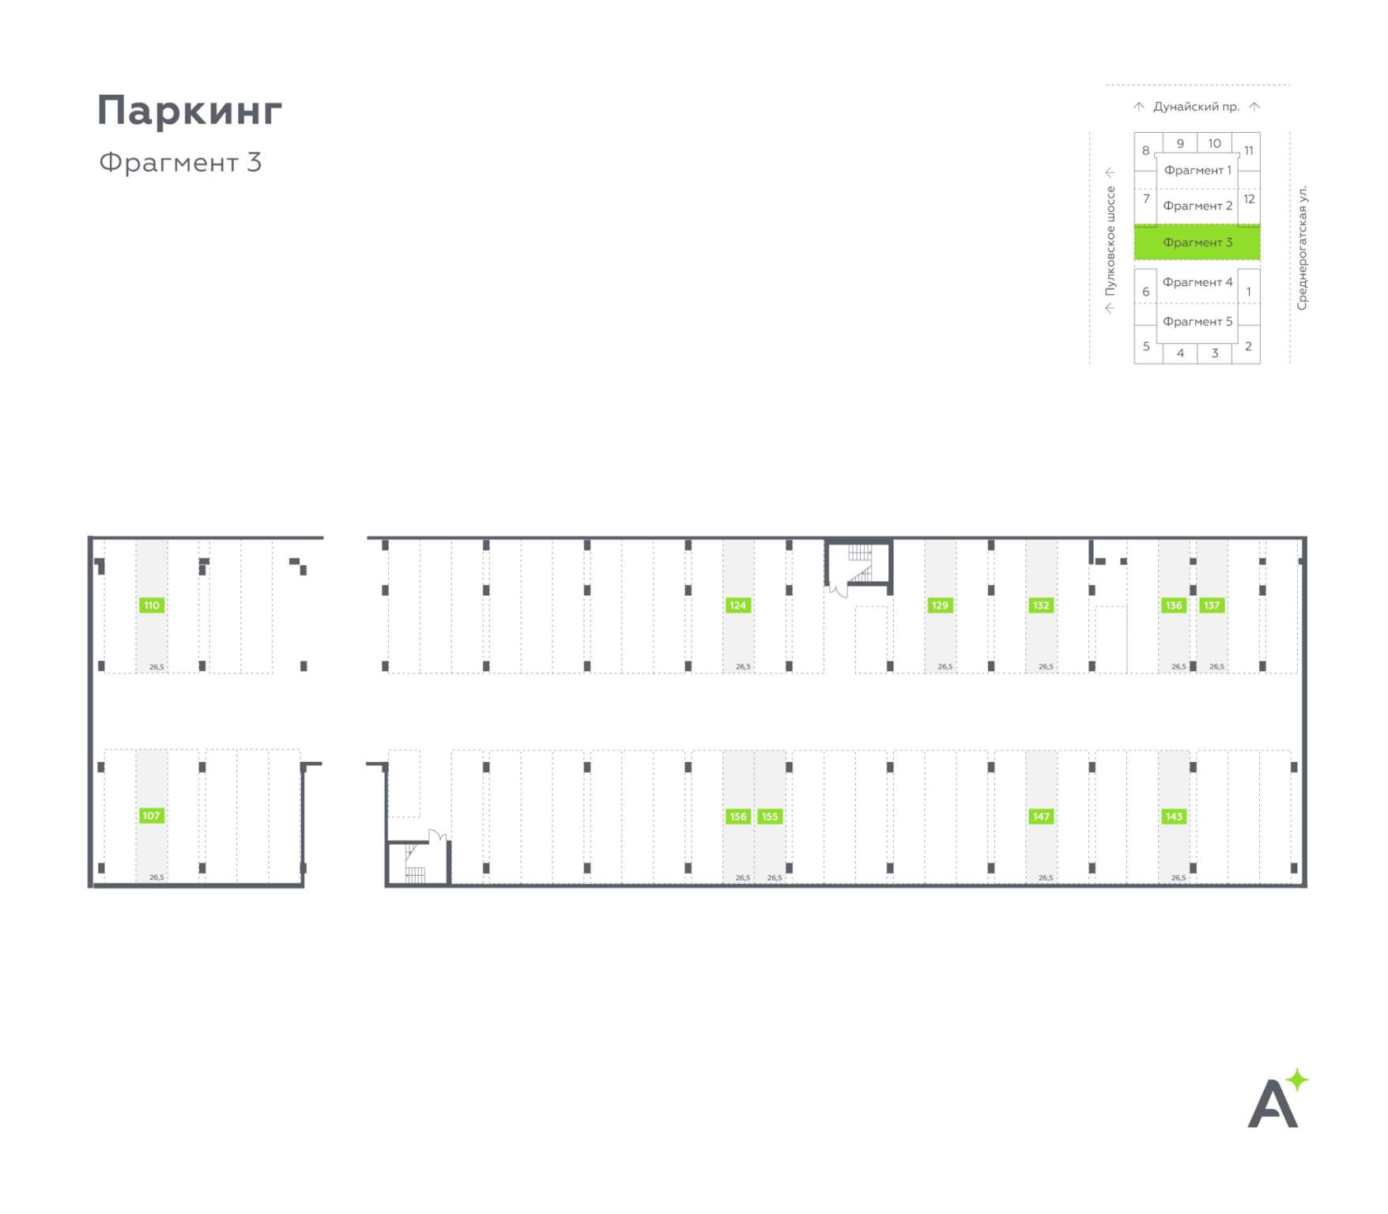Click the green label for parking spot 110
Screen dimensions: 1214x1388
pos(151,605)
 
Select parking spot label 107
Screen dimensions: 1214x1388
pos(151,816)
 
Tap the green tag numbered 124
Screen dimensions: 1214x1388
pos(737,605)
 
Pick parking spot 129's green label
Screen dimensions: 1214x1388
pos(940,605)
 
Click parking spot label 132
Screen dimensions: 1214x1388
pos(1041,605)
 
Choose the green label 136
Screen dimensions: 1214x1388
pos(1174,605)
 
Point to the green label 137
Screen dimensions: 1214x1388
pos(1212,605)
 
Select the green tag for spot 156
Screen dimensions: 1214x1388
pos(738,816)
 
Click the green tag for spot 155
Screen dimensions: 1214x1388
pos(770,816)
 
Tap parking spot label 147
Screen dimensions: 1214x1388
pos(1041,816)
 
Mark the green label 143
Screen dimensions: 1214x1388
pos(1174,816)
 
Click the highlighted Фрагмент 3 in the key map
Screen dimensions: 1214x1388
pos(1197,243)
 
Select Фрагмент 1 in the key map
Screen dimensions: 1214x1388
pos(1198,170)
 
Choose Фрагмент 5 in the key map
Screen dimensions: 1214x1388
pos(1198,322)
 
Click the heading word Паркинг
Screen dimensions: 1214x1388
pos(190,110)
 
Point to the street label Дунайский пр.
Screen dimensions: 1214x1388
pos(1196,107)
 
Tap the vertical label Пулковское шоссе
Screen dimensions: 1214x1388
pos(1111,240)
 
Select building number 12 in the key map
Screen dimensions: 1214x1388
pos(1249,199)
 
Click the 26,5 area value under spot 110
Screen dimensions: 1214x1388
pos(157,667)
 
